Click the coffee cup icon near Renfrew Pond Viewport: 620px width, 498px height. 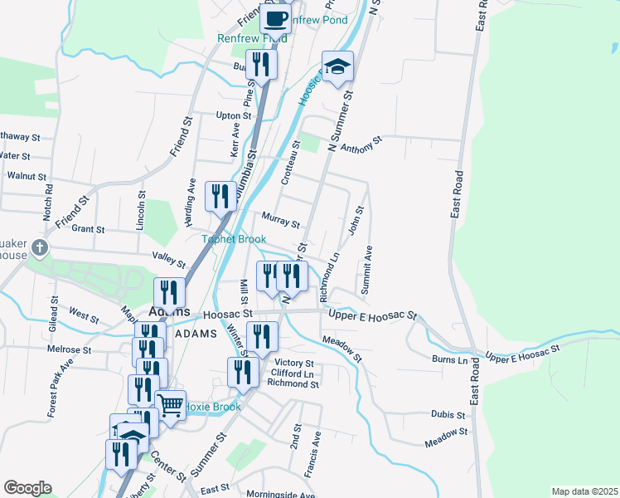(276, 17)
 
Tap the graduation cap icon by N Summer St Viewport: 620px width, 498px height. (337, 66)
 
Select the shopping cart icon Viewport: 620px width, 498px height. (170, 406)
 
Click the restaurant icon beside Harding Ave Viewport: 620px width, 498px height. (220, 197)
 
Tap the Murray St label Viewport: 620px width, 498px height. (280, 221)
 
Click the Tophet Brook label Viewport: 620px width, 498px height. (235, 239)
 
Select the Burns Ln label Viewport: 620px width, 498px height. (449, 360)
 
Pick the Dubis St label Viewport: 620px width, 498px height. (448, 413)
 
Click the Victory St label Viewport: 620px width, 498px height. (294, 364)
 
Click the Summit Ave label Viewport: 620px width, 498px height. (367, 269)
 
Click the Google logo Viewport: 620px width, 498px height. (27, 488)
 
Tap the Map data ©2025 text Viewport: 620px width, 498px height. (584, 491)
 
